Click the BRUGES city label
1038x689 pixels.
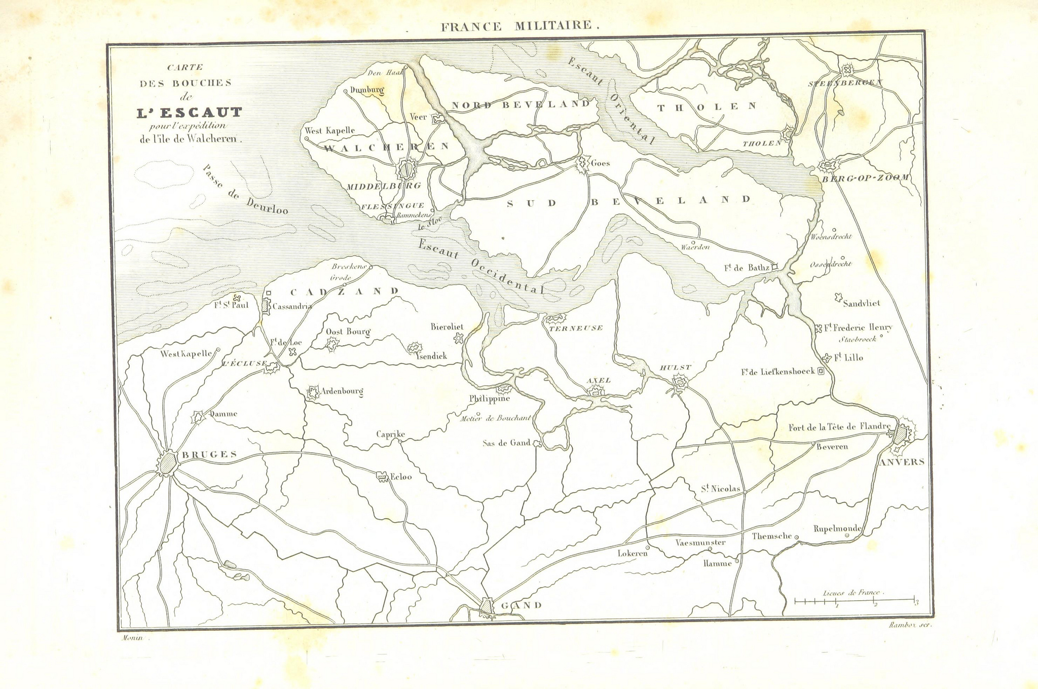(209, 454)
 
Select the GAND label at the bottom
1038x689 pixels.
(521, 605)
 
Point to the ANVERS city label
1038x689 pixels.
(902, 462)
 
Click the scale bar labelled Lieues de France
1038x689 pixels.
(855, 601)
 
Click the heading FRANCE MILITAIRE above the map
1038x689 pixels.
(520, 26)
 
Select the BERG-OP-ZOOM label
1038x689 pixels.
(865, 178)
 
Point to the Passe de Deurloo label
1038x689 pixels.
(244, 190)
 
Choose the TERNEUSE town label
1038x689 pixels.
(576, 328)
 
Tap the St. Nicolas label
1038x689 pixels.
(720, 489)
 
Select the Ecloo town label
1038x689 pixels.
(400, 477)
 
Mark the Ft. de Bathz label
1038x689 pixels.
(747, 268)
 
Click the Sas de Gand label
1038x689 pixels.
(506, 443)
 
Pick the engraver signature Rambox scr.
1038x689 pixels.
(910, 625)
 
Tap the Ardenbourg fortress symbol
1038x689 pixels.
(313, 392)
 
